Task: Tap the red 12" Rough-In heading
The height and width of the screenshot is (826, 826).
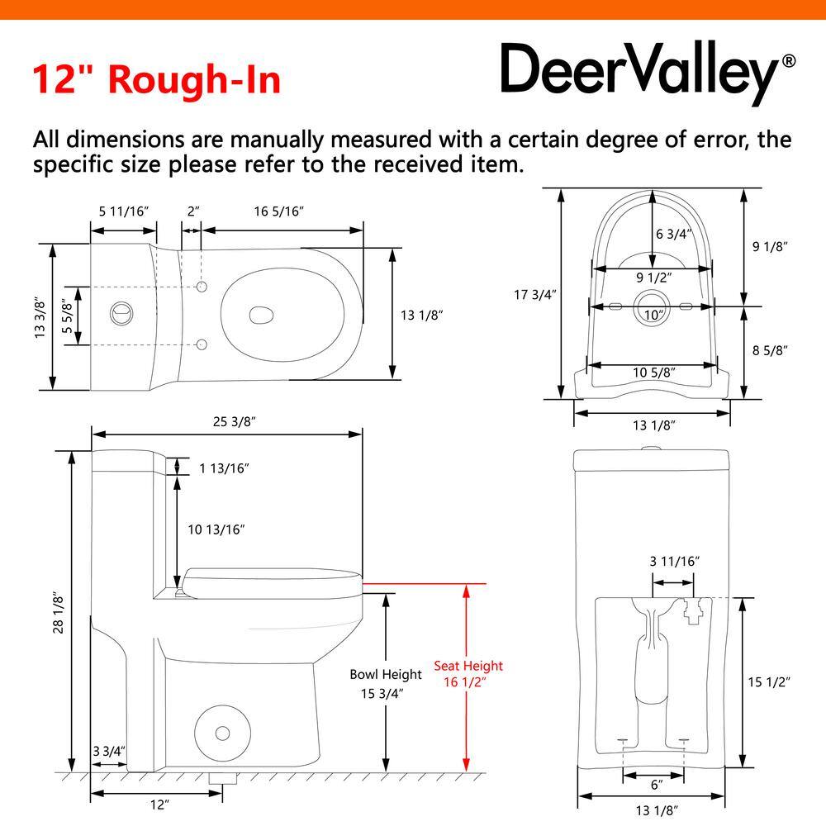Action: pyautogui.click(x=156, y=79)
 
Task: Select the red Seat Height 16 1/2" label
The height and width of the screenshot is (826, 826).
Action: pyautogui.click(x=468, y=674)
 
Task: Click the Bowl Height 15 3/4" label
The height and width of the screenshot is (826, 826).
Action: pyautogui.click(x=386, y=684)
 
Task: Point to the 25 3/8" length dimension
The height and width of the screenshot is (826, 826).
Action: pyautogui.click(x=235, y=421)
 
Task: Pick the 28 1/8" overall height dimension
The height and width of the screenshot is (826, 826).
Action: pyautogui.click(x=58, y=613)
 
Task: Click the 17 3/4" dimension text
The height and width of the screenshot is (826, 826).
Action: pyautogui.click(x=535, y=295)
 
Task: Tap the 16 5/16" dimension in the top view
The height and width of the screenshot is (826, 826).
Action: pyautogui.click(x=279, y=211)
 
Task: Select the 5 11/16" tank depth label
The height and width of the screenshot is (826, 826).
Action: pyautogui.click(x=124, y=211)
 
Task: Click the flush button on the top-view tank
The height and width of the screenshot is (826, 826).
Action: pyautogui.click(x=121, y=313)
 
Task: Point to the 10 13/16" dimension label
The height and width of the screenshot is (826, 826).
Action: pyautogui.click(x=216, y=529)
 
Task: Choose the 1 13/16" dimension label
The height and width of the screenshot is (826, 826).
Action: pyautogui.click(x=224, y=468)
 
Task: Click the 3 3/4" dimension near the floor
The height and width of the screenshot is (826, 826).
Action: pyautogui.click(x=109, y=751)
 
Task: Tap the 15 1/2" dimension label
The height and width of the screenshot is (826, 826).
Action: pyautogui.click(x=769, y=681)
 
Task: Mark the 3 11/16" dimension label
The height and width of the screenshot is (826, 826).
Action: pyautogui.click(x=674, y=561)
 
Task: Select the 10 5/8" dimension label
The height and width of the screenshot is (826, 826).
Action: pyautogui.click(x=653, y=373)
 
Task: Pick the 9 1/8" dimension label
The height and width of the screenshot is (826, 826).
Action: pyautogui.click(x=770, y=246)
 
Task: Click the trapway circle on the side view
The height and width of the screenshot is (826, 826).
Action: pyautogui.click(x=222, y=733)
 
